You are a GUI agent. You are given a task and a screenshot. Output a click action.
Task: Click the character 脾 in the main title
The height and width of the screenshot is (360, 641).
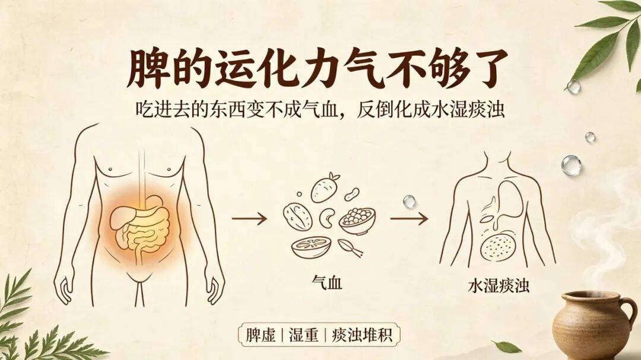click(148, 68)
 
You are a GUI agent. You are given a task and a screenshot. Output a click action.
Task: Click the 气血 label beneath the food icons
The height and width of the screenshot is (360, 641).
click(326, 282)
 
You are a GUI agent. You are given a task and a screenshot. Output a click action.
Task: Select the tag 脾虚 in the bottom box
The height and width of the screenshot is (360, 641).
click(261, 335)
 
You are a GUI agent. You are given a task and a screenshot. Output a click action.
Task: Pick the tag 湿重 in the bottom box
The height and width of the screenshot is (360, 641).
click(303, 335)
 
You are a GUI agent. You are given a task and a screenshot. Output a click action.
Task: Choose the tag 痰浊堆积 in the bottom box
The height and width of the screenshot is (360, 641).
click(362, 335)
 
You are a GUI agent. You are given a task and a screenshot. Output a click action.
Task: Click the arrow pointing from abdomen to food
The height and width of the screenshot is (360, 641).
click(249, 219)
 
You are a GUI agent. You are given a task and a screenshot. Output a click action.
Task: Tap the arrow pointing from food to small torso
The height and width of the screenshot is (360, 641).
click(409, 219)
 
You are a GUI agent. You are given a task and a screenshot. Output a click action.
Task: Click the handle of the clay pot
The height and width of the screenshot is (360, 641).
click(627, 313)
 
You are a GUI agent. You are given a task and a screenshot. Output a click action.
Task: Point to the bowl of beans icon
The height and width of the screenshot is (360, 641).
click(357, 221)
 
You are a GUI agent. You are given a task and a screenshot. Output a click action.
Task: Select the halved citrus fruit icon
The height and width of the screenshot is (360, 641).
click(311, 247)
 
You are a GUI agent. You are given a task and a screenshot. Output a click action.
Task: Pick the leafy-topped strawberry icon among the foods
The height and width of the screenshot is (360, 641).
click(325, 187)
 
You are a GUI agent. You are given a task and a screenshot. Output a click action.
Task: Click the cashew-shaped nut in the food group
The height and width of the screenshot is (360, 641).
click(327, 218)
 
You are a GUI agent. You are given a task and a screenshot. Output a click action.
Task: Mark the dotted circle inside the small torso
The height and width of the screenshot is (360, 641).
click(498, 247)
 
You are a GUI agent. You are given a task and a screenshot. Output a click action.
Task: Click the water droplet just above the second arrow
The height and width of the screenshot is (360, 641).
click(409, 201)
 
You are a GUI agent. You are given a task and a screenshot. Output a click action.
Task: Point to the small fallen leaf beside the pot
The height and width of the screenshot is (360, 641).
click(506, 347)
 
